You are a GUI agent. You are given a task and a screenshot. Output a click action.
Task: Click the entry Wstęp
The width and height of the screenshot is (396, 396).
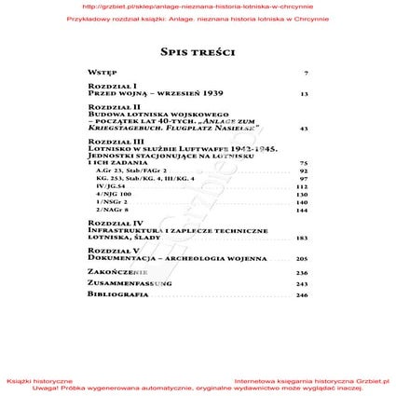[102, 72]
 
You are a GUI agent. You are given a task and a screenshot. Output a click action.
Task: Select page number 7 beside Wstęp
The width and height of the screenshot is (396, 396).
[306, 72]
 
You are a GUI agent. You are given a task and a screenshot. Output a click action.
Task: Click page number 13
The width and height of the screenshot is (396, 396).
[304, 93]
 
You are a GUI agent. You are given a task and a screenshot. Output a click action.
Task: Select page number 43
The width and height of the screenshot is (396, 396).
[304, 128]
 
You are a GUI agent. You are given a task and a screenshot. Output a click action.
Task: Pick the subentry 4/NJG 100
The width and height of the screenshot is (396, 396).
[114, 194]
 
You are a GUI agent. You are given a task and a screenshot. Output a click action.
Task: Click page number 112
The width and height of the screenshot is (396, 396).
[302, 186]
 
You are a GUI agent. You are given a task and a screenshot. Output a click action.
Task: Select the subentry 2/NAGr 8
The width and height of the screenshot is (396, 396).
[113, 209]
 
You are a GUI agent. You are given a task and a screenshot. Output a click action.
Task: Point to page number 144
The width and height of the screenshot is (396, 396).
[302, 209]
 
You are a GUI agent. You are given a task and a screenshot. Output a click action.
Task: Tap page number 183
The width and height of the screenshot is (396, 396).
[302, 238]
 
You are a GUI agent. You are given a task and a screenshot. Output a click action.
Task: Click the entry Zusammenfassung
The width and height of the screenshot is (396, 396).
[130, 283]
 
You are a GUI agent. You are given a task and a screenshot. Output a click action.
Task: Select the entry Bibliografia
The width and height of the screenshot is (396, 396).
[117, 294]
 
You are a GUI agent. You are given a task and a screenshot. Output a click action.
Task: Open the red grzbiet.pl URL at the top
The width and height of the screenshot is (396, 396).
[198, 6]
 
